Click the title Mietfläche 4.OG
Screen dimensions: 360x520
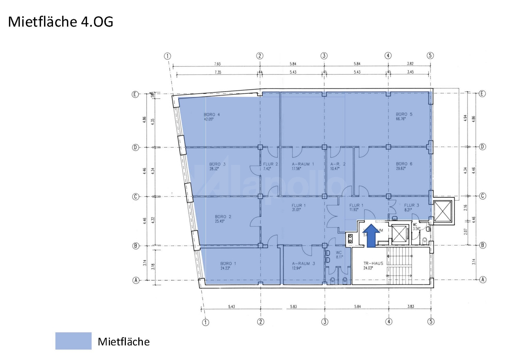[x=61, y=22]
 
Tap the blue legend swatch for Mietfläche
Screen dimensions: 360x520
[x=73, y=341]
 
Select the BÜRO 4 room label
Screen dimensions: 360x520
[x=211, y=114]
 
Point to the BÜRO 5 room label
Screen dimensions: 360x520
[x=404, y=114]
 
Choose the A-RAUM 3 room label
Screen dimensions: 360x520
[x=303, y=264]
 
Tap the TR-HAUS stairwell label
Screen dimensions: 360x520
[x=373, y=263]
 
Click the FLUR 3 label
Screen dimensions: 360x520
[x=411, y=205]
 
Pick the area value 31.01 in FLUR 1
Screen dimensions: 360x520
[x=296, y=210]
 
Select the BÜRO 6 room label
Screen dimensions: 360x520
[x=404, y=164]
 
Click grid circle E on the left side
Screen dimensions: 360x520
[x=135, y=94]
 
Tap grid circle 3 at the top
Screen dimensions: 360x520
[x=324, y=55]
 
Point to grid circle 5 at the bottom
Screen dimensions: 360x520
[x=431, y=322]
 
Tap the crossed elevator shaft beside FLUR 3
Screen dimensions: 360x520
[x=443, y=212]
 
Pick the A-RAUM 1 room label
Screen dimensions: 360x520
[x=303, y=164]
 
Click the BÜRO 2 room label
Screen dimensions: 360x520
[x=223, y=217]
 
